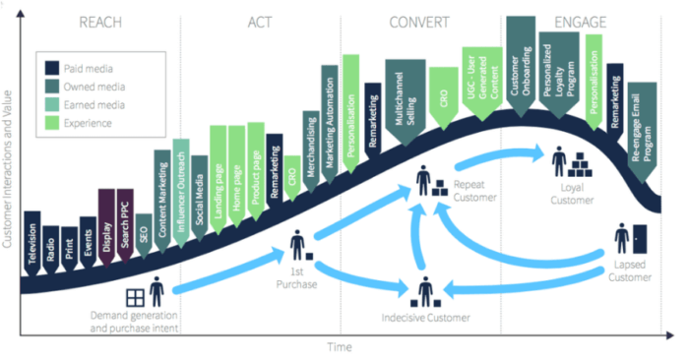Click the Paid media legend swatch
pos(52,68)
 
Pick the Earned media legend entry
pos(89,105)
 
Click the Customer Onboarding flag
pos(520,59)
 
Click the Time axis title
pos(340,347)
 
